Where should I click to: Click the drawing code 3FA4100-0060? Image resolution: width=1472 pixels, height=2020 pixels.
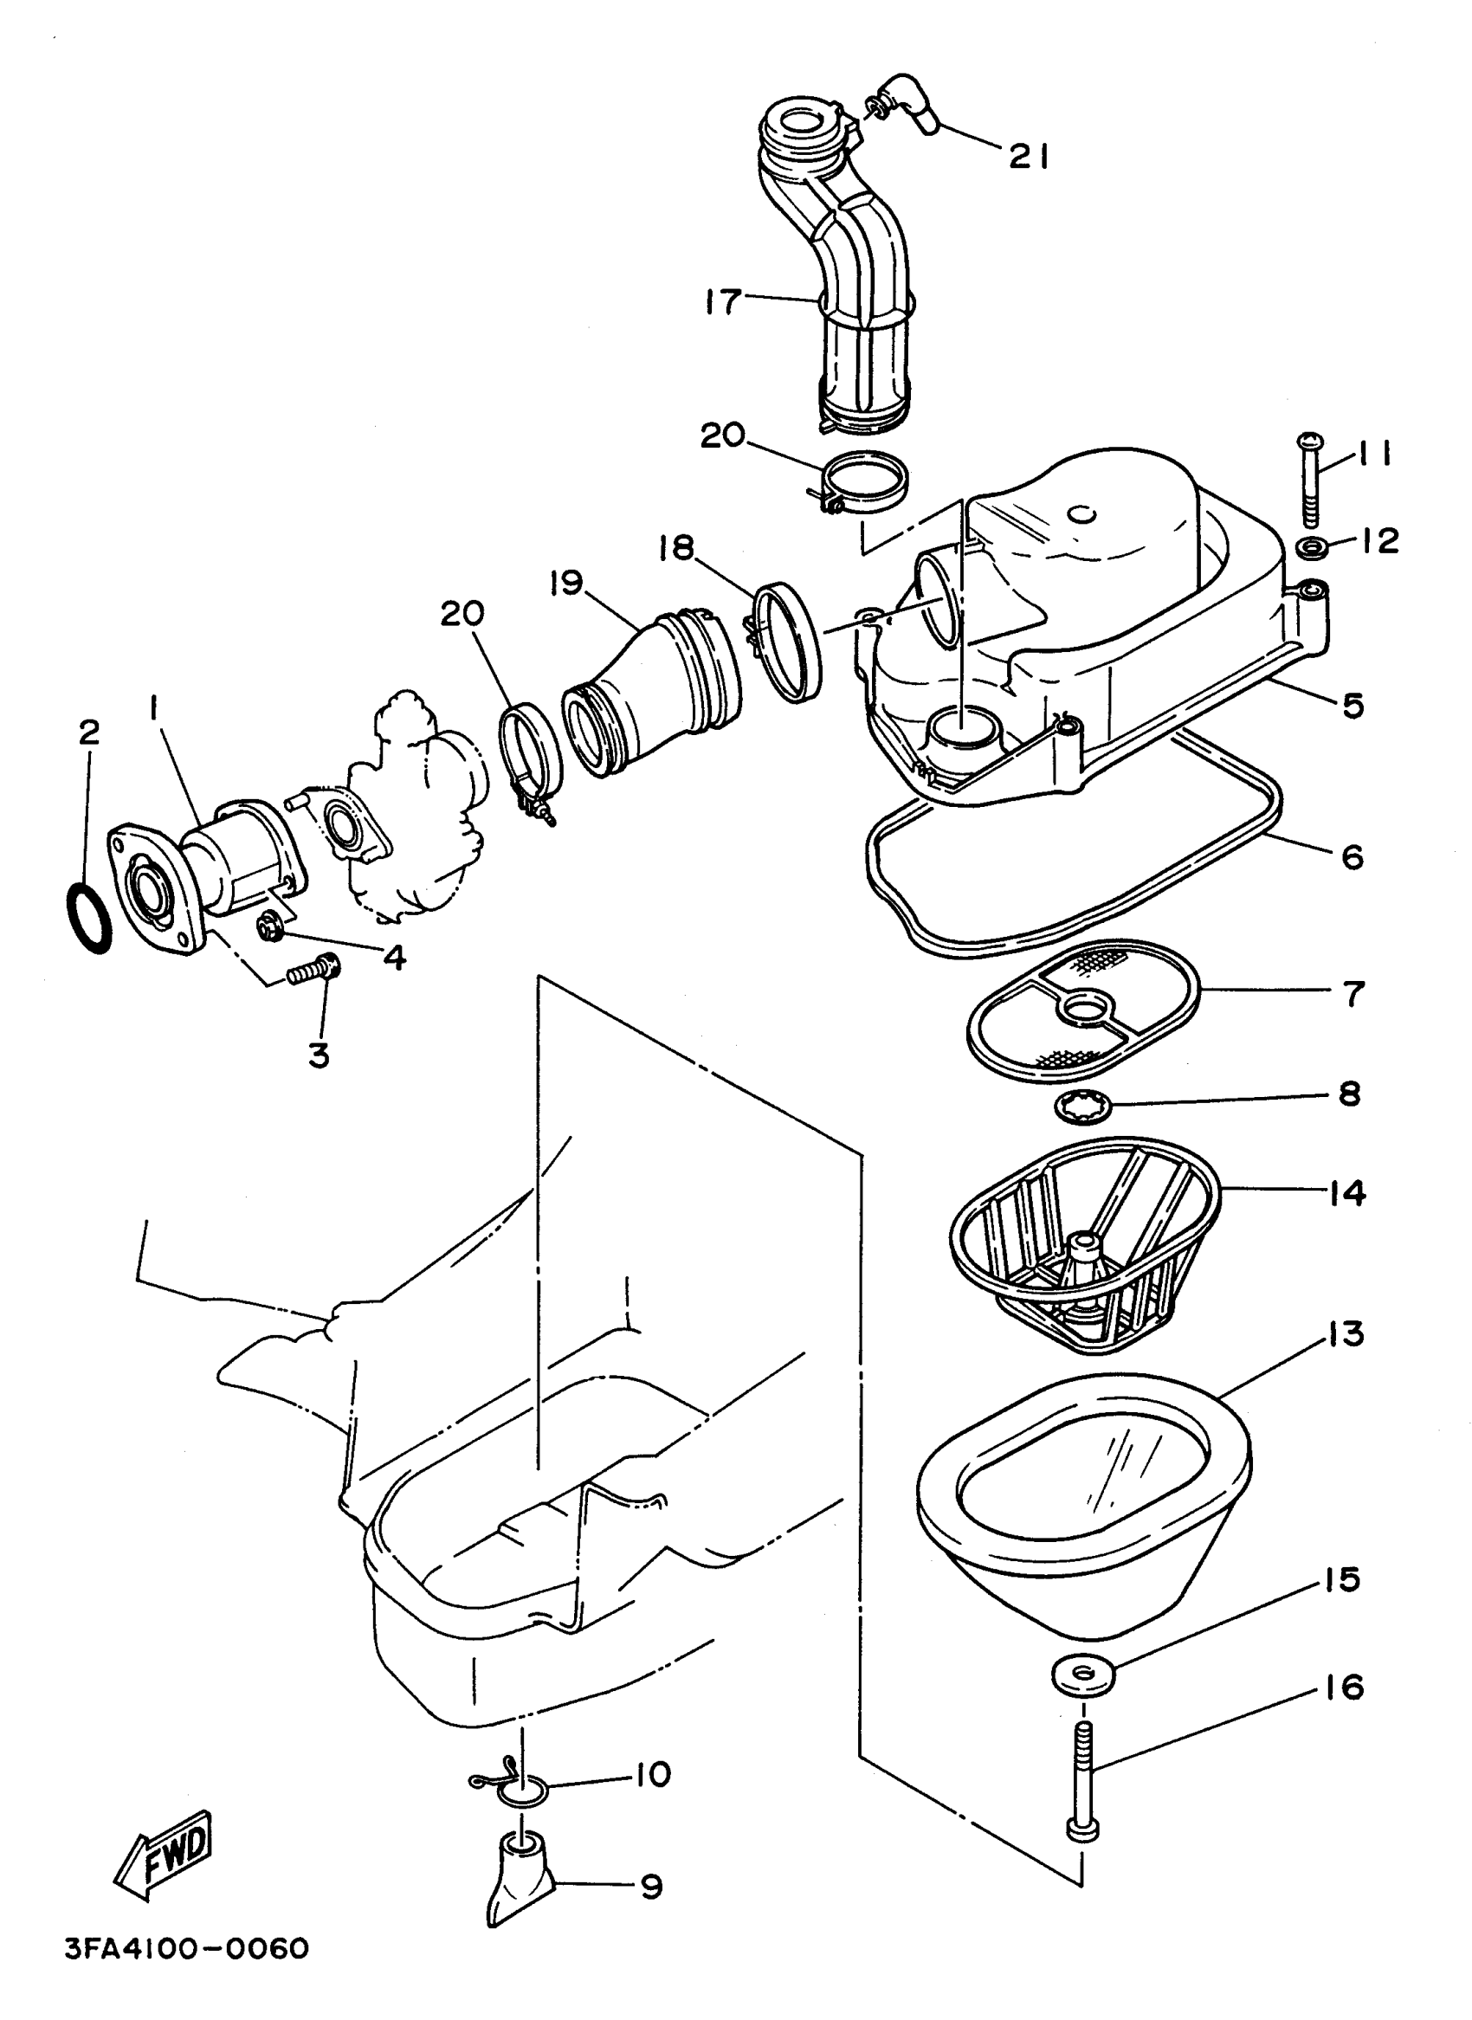coord(186,1948)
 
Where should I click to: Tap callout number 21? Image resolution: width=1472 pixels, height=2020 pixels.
coord(1029,158)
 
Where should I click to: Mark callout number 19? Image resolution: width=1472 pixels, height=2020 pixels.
coord(565,584)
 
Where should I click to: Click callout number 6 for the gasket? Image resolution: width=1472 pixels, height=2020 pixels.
coord(1352,857)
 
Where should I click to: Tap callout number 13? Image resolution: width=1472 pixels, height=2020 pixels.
coord(1346,1334)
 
